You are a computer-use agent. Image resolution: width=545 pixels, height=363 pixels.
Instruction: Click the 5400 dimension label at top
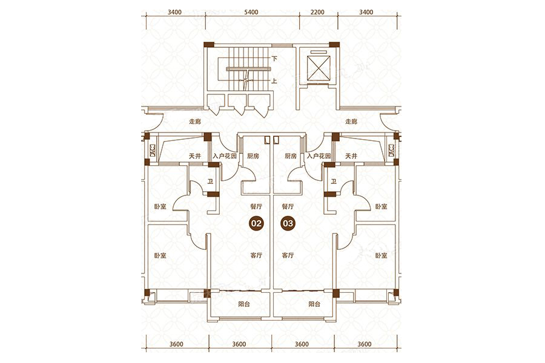click(x=251, y=12)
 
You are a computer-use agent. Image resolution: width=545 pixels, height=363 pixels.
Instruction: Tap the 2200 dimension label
click(x=317, y=12)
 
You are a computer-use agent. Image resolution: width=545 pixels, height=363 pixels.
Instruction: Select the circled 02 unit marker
click(x=256, y=223)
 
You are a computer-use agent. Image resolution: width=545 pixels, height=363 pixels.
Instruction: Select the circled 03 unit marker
click(x=288, y=223)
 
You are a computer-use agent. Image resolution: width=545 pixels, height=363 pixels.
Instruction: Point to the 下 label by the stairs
click(x=274, y=59)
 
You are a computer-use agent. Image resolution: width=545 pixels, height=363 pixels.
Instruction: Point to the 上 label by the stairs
click(x=274, y=81)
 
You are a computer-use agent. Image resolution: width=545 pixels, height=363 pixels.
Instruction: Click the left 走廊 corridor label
click(x=195, y=122)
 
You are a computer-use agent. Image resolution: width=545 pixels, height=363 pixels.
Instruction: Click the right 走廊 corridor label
click(x=351, y=122)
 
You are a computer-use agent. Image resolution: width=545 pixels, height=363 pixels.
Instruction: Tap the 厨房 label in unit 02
click(x=253, y=156)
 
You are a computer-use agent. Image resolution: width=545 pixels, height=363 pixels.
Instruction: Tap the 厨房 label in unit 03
click(x=291, y=156)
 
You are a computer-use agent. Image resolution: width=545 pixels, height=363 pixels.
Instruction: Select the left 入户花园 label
click(x=225, y=156)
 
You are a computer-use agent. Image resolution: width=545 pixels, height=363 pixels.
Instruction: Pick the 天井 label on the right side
click(x=351, y=156)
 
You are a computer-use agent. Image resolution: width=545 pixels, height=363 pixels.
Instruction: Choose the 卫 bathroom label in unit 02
click(x=210, y=181)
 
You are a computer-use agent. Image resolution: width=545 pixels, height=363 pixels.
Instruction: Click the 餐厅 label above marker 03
click(x=288, y=206)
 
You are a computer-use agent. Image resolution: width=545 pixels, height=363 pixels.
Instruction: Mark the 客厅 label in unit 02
click(x=256, y=255)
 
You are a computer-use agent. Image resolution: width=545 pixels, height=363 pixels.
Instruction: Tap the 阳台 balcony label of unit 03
click(x=314, y=304)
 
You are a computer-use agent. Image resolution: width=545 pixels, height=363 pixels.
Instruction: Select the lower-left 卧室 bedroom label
click(x=160, y=255)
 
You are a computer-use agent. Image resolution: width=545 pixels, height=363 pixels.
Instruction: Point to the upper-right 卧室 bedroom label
click(x=381, y=206)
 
